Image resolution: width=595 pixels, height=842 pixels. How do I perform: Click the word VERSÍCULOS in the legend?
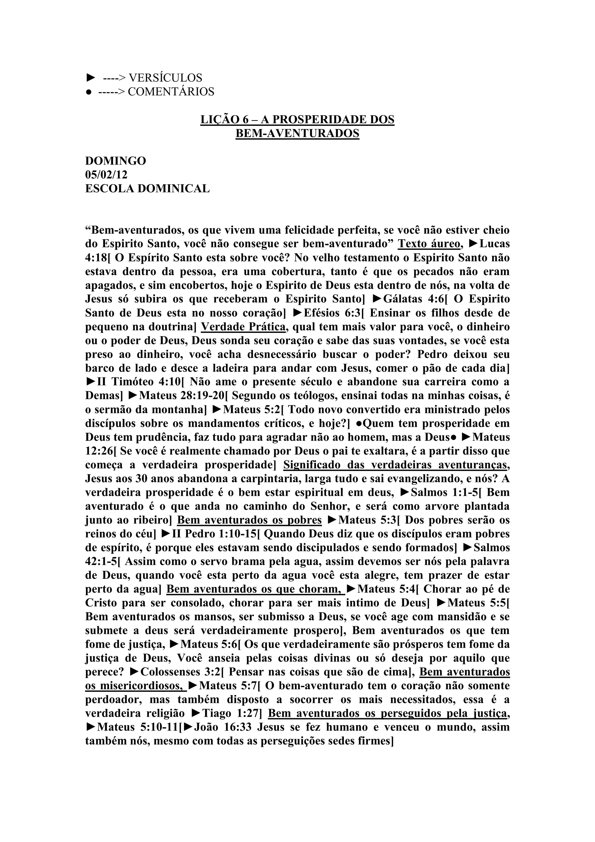click(165, 78)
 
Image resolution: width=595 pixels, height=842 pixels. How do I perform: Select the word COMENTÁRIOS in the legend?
click(171, 91)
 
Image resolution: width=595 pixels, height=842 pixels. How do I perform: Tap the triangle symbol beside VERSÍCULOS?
click(90, 78)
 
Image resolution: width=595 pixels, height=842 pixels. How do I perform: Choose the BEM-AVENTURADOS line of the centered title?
click(297, 133)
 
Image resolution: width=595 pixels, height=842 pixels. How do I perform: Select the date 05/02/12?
click(106, 174)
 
